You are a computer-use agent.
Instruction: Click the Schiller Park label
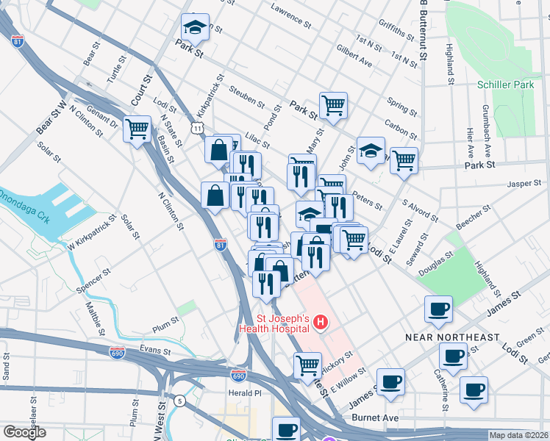tap(505, 85)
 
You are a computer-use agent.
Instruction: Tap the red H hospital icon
tap(320, 322)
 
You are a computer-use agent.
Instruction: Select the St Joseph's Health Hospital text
tap(282, 324)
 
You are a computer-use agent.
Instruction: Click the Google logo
tap(24, 432)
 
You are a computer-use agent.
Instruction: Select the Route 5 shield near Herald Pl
tap(179, 401)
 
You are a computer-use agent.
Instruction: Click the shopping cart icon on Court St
tap(137, 129)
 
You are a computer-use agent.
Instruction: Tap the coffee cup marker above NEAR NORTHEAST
tap(439, 309)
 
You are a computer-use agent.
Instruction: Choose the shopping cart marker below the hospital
tap(307, 365)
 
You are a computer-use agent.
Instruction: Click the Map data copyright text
tap(518, 435)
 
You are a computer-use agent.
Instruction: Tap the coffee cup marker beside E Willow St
tap(390, 381)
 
